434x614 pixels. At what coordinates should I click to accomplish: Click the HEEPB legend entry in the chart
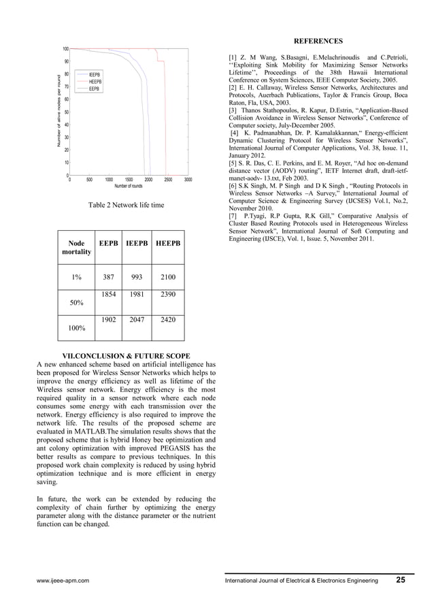tap(95, 81)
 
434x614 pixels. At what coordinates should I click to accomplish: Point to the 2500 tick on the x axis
tap(168, 180)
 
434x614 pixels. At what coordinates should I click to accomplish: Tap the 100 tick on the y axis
tap(64, 49)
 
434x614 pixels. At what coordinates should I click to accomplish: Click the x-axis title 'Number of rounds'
tap(128, 187)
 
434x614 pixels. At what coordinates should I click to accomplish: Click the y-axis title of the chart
tap(59, 112)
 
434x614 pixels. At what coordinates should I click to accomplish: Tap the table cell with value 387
tap(108, 277)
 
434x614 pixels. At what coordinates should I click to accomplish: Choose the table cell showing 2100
tap(168, 277)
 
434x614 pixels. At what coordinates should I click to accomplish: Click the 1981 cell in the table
tap(136, 294)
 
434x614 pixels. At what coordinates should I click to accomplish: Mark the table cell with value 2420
tap(168, 319)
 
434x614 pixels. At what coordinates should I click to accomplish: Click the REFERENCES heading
tap(319, 41)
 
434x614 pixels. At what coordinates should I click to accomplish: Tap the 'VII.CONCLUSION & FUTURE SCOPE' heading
tap(127, 355)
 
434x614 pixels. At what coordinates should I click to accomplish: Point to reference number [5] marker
tap(233, 163)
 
